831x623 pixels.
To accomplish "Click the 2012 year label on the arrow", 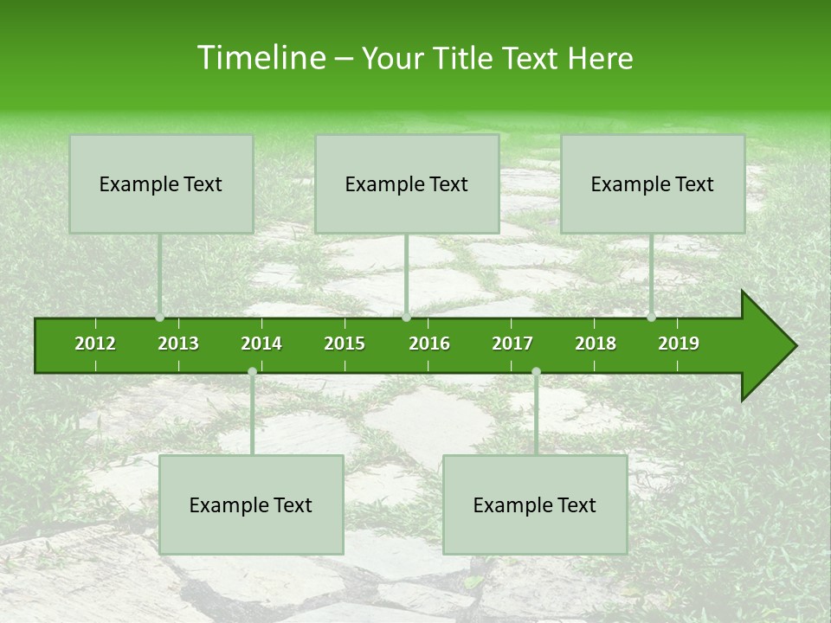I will click(95, 344).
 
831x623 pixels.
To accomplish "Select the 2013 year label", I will click(178, 344).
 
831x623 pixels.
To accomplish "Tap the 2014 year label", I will click(261, 344).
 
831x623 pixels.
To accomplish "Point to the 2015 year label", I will click(345, 344).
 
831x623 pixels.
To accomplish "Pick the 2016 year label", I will click(429, 344).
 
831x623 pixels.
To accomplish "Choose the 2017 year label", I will click(512, 344).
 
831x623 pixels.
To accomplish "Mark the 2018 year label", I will click(596, 344).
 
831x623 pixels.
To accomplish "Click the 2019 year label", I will click(679, 344).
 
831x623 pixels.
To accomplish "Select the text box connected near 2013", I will click(161, 184).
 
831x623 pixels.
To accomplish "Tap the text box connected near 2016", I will click(407, 184).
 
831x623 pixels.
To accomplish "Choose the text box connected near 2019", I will click(653, 184).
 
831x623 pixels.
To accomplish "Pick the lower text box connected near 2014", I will click(251, 505).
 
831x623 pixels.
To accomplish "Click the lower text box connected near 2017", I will click(535, 505).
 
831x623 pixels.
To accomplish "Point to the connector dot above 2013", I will click(159, 318).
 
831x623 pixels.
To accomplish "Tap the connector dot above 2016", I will click(407, 318).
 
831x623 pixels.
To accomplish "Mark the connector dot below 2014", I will click(252, 372).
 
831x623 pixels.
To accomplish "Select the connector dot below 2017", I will click(536, 372).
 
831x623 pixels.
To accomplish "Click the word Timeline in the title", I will click(260, 58).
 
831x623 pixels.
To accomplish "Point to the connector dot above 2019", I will click(651, 318).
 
